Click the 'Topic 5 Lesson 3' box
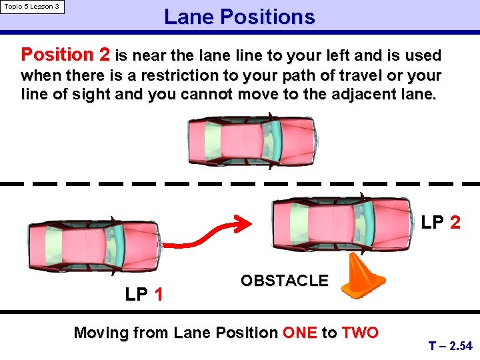(32, 7)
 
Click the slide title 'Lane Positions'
(239, 17)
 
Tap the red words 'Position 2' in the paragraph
(66, 55)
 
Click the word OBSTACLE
(285, 281)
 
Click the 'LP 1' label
(145, 294)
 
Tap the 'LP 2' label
(441, 222)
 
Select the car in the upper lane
(252, 141)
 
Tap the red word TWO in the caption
(360, 333)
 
